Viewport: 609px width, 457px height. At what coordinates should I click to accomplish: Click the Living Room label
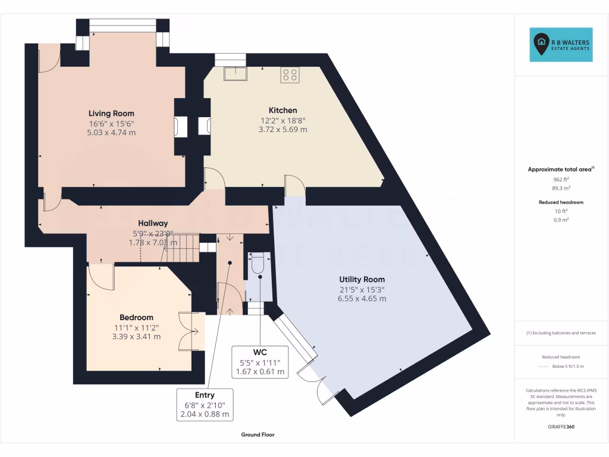(x=111, y=113)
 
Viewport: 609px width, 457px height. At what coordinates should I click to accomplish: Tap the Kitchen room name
(x=282, y=110)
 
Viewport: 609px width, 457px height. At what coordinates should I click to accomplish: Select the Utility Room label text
(x=362, y=279)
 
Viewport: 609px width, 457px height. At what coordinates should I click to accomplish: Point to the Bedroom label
(x=136, y=317)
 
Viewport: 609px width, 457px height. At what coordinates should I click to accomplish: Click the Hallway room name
(x=153, y=223)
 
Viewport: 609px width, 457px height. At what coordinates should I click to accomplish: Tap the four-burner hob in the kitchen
(x=290, y=74)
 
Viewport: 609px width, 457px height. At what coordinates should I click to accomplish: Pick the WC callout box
(x=260, y=362)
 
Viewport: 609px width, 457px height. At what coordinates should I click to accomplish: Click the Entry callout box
(x=205, y=405)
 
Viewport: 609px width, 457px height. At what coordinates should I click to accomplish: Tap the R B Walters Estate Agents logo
(x=561, y=45)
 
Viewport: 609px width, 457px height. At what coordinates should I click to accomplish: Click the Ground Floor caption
(x=258, y=435)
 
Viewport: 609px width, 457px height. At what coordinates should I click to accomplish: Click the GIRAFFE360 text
(x=561, y=427)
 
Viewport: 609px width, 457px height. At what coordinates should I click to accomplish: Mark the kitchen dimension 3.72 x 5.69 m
(x=282, y=129)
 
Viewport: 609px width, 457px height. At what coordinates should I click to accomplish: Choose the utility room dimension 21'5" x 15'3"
(x=362, y=289)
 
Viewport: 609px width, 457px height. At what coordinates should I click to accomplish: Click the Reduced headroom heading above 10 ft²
(x=561, y=202)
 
